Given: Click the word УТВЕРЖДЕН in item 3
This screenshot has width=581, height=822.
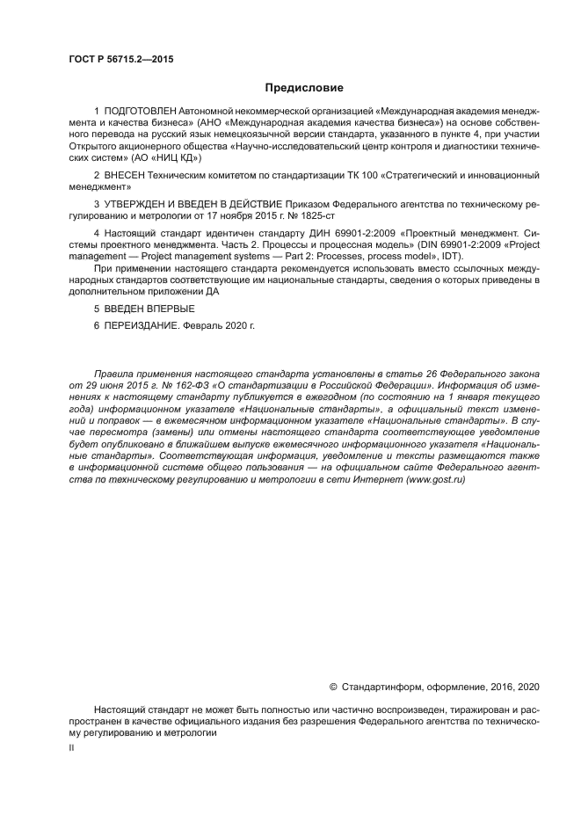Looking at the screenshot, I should [139, 204].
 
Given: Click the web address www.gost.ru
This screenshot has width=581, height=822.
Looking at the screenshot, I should [435, 481].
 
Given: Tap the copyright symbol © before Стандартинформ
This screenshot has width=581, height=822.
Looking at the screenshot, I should [333, 687].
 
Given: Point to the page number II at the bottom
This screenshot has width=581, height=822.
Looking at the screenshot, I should [71, 746].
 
